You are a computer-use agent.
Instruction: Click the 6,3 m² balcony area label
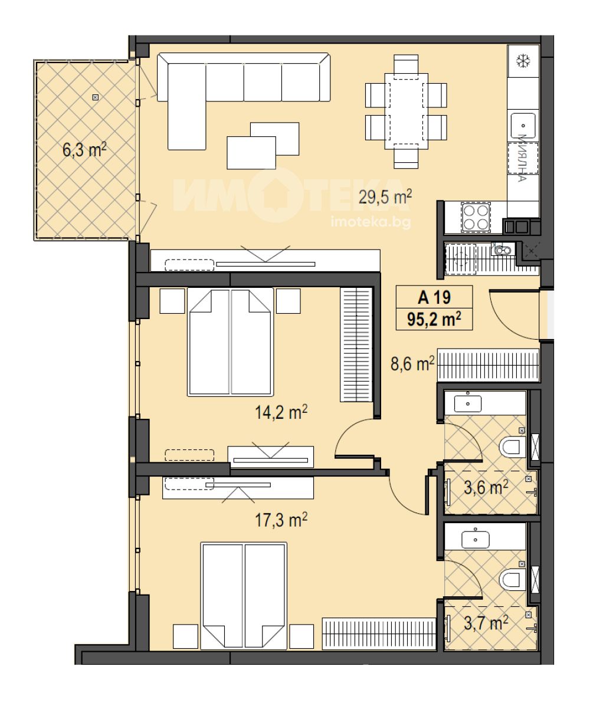pyautogui.click(x=85, y=149)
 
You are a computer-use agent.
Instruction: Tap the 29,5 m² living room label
pyautogui.click(x=385, y=197)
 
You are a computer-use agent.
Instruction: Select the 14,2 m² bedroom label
pyautogui.click(x=281, y=412)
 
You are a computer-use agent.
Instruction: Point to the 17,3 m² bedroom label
pyautogui.click(x=281, y=520)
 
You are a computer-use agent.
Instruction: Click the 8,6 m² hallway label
pyautogui.click(x=412, y=363)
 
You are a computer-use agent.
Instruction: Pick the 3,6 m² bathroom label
pyautogui.click(x=486, y=487)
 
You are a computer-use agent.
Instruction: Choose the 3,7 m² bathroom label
pyautogui.click(x=486, y=623)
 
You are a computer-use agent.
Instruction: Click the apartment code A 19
pyautogui.click(x=434, y=297)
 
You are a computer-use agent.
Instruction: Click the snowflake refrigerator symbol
pyautogui.click(x=523, y=61)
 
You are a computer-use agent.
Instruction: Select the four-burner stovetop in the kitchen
pyautogui.click(x=475, y=218)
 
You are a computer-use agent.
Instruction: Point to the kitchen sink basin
pyautogui.click(x=523, y=124)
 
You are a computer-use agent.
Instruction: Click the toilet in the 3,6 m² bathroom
pyautogui.click(x=513, y=447)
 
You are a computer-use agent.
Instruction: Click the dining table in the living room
pyautogui.click(x=407, y=111)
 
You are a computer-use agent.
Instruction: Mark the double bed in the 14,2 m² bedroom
pyautogui.click(x=231, y=342)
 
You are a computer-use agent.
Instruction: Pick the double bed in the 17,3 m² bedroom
pyautogui.click(x=244, y=596)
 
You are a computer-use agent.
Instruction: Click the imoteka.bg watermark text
pyautogui.click(x=371, y=222)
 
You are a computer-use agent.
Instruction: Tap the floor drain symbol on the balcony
pyautogui.click(x=94, y=97)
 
